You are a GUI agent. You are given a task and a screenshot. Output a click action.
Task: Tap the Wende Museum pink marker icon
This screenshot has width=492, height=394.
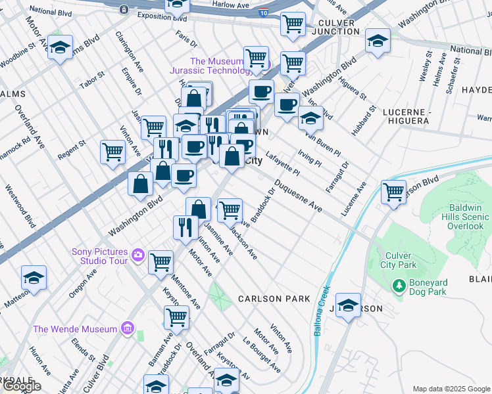coord(128,328)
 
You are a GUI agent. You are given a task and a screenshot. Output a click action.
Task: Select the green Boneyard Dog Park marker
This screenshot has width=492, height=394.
coord(398,286)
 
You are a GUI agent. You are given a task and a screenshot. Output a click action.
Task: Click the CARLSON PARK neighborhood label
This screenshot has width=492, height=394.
coord(274,299)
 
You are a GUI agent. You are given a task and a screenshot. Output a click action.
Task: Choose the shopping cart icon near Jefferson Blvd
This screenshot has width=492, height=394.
coord(393,192)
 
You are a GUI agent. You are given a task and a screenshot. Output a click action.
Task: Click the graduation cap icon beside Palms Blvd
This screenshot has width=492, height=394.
coord(61,47)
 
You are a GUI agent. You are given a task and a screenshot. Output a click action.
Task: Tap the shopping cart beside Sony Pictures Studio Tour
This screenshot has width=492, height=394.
coord(160,261)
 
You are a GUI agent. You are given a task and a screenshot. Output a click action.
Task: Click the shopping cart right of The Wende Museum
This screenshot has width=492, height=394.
coord(176,317)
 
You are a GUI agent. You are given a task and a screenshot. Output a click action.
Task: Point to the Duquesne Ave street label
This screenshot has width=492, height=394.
coord(299,196)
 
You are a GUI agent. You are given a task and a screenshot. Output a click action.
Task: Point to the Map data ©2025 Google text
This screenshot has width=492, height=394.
coord(451,389)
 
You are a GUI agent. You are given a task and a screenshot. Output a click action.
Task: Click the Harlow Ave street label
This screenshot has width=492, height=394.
coord(231,4)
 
